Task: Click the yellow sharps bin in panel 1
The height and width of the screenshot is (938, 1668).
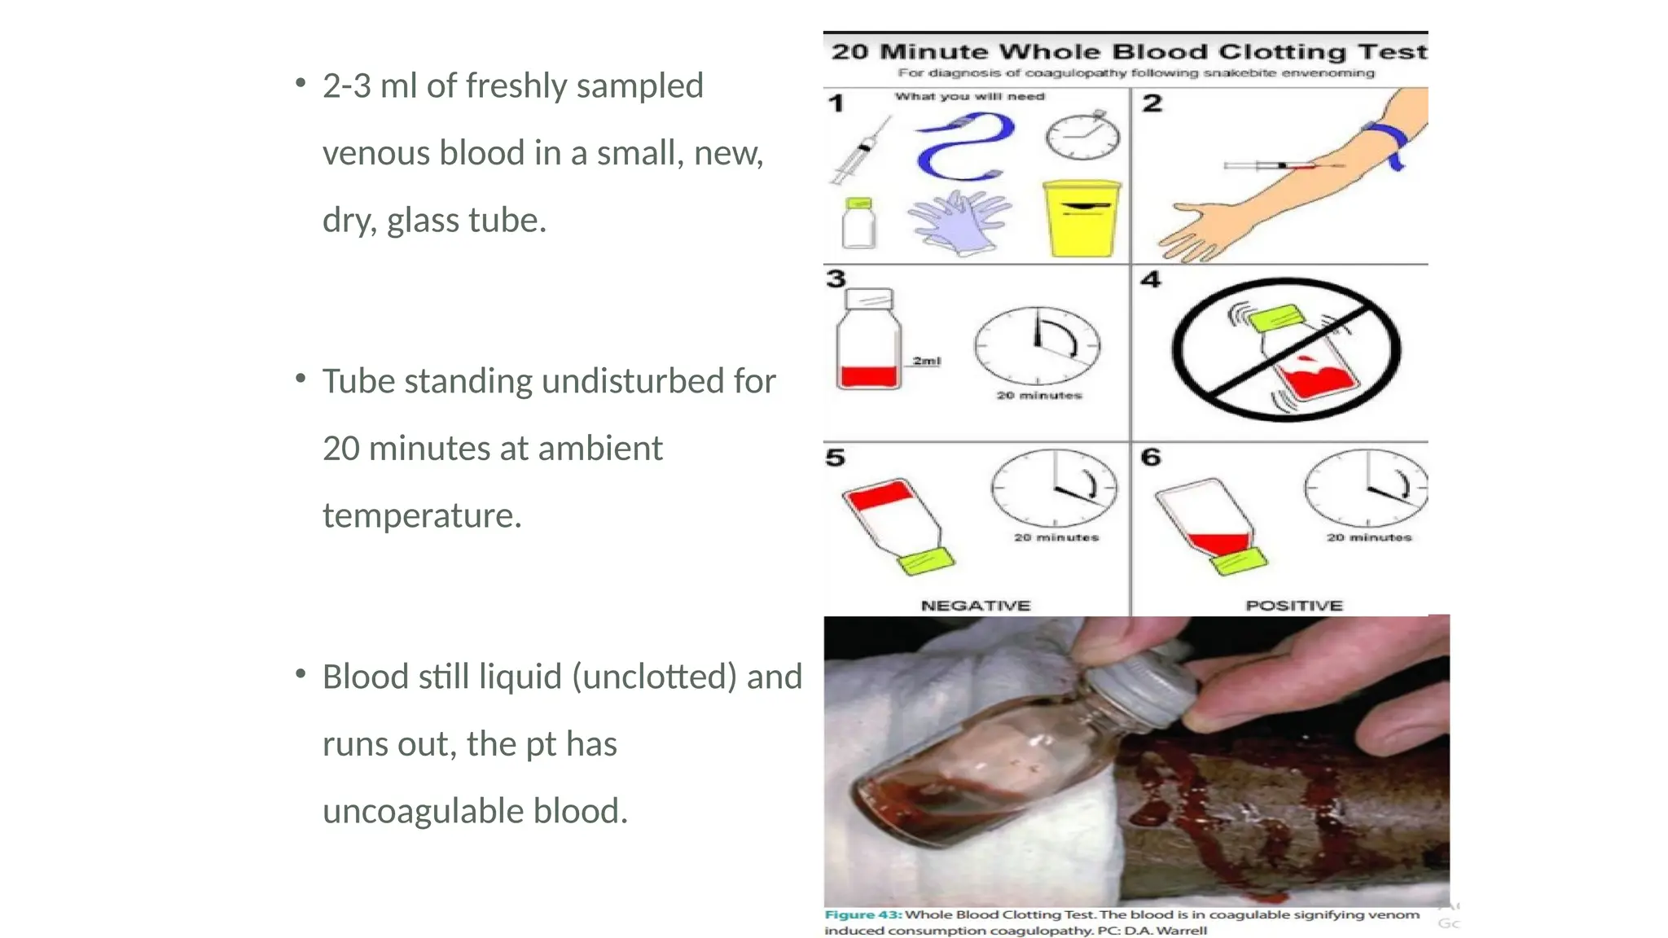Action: (x=1082, y=218)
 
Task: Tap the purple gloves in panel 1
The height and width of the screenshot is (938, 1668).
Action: (x=959, y=221)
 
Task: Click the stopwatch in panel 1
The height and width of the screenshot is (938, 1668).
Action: (x=1082, y=136)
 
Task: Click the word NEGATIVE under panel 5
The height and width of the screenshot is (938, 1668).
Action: (x=976, y=605)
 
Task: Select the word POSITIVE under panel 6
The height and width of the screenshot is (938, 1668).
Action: (x=1293, y=605)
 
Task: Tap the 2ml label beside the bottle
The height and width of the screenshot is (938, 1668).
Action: (x=926, y=361)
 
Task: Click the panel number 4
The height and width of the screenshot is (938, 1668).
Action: (x=1151, y=280)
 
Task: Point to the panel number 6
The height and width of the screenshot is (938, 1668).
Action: (x=1151, y=457)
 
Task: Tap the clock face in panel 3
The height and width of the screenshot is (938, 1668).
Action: (x=1038, y=345)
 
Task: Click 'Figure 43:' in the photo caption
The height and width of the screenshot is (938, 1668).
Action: (x=863, y=914)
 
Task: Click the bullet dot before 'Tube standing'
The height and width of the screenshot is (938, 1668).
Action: (x=301, y=379)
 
